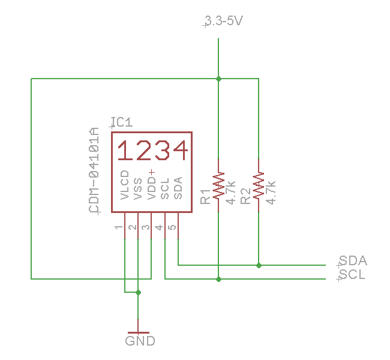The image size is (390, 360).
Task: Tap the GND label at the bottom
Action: [140, 341]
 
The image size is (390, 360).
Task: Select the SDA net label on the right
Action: [353, 261]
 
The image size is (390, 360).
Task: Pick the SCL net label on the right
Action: [352, 275]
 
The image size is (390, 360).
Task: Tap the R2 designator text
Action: [245, 196]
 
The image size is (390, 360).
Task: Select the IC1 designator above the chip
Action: [122, 122]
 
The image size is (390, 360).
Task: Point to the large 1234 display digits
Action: [152, 151]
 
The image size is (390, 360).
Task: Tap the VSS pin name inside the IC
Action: [138, 188]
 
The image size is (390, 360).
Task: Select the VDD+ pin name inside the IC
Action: [151, 184]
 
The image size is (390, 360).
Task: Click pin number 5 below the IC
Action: [172, 228]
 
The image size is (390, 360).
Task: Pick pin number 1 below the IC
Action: [119, 228]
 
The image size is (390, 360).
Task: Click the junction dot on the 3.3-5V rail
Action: [218, 79]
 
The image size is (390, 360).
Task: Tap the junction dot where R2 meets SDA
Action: [259, 265]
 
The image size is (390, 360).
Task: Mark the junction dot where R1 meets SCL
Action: [218, 279]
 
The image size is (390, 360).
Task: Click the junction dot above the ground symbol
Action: [138, 293]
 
